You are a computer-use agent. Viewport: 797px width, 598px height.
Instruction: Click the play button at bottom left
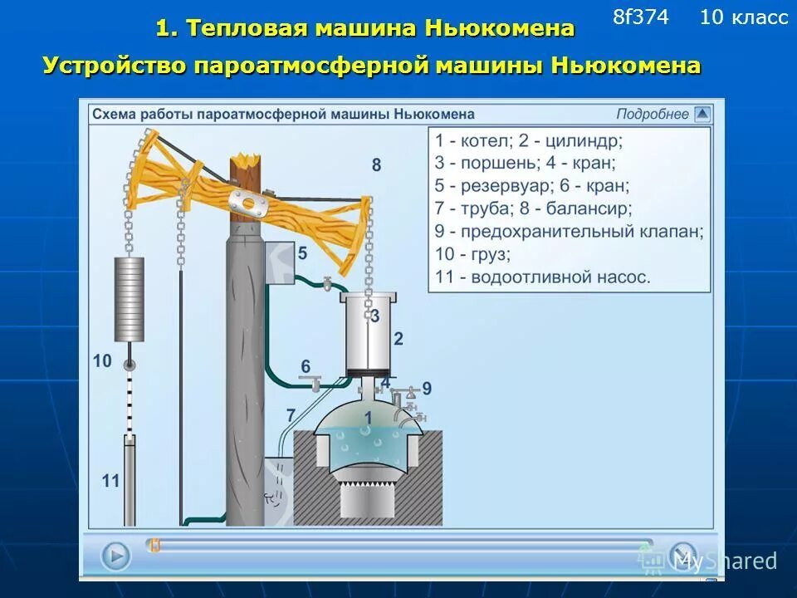[x=116, y=555]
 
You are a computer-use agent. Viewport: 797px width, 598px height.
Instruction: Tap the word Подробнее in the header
[x=653, y=115]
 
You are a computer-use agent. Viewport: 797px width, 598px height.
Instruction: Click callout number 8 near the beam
[x=376, y=165]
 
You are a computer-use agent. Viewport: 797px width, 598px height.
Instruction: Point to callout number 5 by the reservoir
[x=302, y=252]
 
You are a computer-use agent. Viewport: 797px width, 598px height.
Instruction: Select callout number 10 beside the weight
[x=102, y=360]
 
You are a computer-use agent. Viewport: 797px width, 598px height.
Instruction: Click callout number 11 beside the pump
[x=111, y=479]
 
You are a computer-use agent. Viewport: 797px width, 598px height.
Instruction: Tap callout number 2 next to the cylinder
[x=398, y=338]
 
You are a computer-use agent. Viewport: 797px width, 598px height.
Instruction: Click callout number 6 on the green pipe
[x=306, y=366]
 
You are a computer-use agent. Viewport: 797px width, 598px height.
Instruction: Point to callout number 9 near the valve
[x=427, y=387]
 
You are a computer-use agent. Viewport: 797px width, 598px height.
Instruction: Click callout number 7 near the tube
[x=291, y=415]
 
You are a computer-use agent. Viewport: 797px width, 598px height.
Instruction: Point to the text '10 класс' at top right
[x=744, y=17]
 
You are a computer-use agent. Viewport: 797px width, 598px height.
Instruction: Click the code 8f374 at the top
[x=640, y=17]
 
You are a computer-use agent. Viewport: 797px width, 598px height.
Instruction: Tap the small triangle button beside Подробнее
[x=702, y=115]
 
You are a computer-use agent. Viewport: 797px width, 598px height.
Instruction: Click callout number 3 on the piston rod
[x=375, y=316]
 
